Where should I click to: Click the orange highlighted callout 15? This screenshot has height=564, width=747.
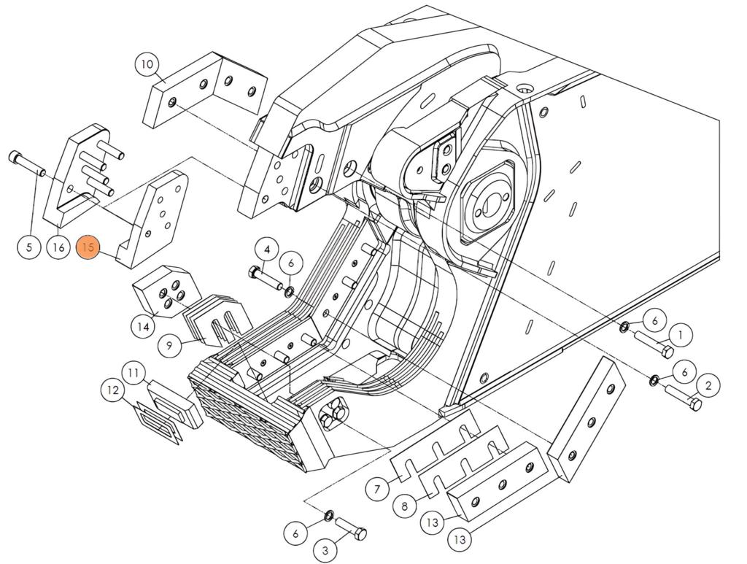[x=88, y=247]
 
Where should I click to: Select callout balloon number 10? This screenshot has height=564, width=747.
[x=147, y=64]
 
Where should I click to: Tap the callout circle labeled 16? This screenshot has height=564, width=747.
[x=58, y=247]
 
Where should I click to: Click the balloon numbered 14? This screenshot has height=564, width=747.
[x=144, y=327]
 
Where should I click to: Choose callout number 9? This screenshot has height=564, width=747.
[x=169, y=344]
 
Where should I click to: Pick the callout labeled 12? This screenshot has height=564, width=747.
[x=112, y=391]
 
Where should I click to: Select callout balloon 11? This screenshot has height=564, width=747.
[x=133, y=374]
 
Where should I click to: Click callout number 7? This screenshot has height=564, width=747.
[x=376, y=488]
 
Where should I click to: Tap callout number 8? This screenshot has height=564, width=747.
[x=404, y=505]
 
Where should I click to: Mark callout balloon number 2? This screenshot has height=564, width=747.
[x=708, y=385]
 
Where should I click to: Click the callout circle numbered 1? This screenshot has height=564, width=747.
[x=680, y=335]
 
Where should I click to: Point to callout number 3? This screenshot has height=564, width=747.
[x=326, y=549]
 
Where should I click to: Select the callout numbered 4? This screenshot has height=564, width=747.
[x=267, y=250]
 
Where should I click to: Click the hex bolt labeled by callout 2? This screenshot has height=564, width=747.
[x=684, y=397]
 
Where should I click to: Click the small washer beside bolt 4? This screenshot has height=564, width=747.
[x=290, y=292]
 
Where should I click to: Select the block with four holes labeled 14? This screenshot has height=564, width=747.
[x=161, y=290]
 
